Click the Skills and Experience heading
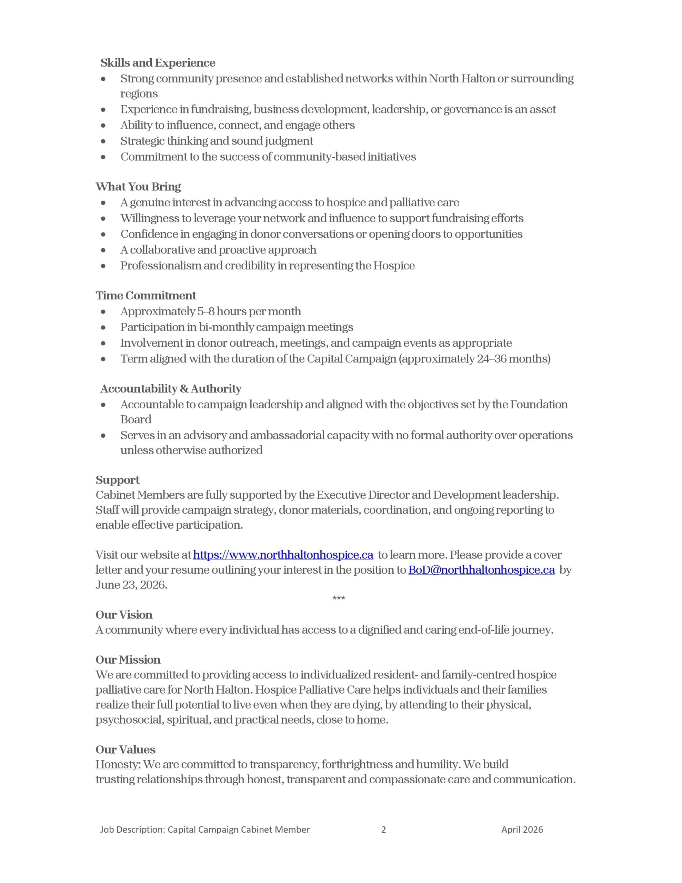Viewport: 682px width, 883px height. pyautogui.click(x=158, y=63)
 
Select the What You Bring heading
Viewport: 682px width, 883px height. pyautogui.click(x=138, y=187)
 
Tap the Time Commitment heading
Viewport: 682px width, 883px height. pyautogui.click(x=146, y=296)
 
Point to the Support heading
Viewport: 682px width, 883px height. pyautogui.click(x=117, y=480)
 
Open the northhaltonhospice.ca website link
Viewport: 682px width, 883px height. pyautogui.click(x=283, y=555)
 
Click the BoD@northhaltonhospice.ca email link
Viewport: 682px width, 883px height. pyautogui.click(x=481, y=570)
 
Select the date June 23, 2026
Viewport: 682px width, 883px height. pyautogui.click(x=131, y=585)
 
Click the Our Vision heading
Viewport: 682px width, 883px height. pyautogui.click(x=124, y=615)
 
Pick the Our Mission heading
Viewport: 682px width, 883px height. pyautogui.click(x=128, y=659)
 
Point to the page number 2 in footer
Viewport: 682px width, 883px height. pyautogui.click(x=383, y=830)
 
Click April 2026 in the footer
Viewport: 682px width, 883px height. pyautogui.click(x=522, y=830)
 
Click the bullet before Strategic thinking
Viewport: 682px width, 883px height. pyautogui.click(x=103, y=141)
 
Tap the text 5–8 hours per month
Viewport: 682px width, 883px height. pyautogui.click(x=249, y=311)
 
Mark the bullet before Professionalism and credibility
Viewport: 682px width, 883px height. pyautogui.click(x=103, y=266)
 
